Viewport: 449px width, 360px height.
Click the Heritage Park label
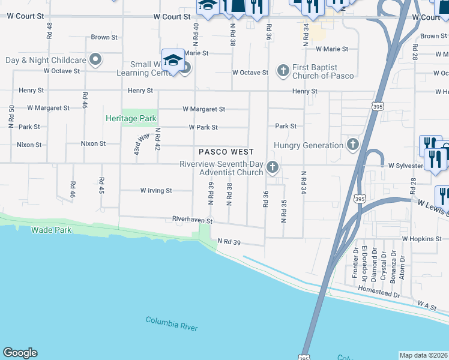[x=131, y=119]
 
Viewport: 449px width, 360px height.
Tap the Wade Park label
[x=51, y=230]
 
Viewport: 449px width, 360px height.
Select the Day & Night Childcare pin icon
[x=95, y=60]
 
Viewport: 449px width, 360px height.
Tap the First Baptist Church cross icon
[x=283, y=71]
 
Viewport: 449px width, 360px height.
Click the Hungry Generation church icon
[x=352, y=145]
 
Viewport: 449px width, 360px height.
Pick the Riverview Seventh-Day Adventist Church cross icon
[x=273, y=168]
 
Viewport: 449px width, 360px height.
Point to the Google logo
[x=20, y=353]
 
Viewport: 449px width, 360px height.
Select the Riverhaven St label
[x=192, y=221]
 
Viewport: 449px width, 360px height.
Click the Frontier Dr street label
[x=355, y=264]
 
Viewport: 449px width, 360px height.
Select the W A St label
[x=428, y=305]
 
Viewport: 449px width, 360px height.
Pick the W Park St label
[x=203, y=127]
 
